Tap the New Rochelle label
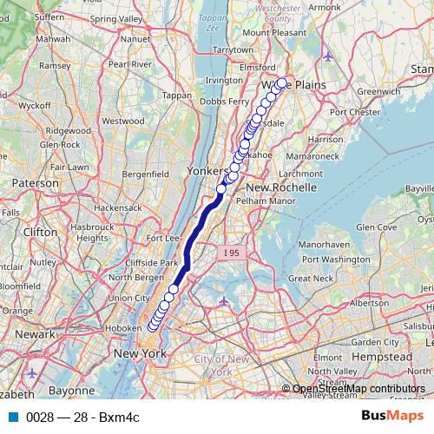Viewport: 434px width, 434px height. tap(278, 187)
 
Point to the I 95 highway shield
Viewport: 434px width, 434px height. tap(230, 252)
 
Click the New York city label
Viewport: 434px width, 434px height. tap(139, 353)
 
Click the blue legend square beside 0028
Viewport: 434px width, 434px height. tap(13, 417)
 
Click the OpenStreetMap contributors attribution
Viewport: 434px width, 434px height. tap(358, 389)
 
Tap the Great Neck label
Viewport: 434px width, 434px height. tap(311, 279)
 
